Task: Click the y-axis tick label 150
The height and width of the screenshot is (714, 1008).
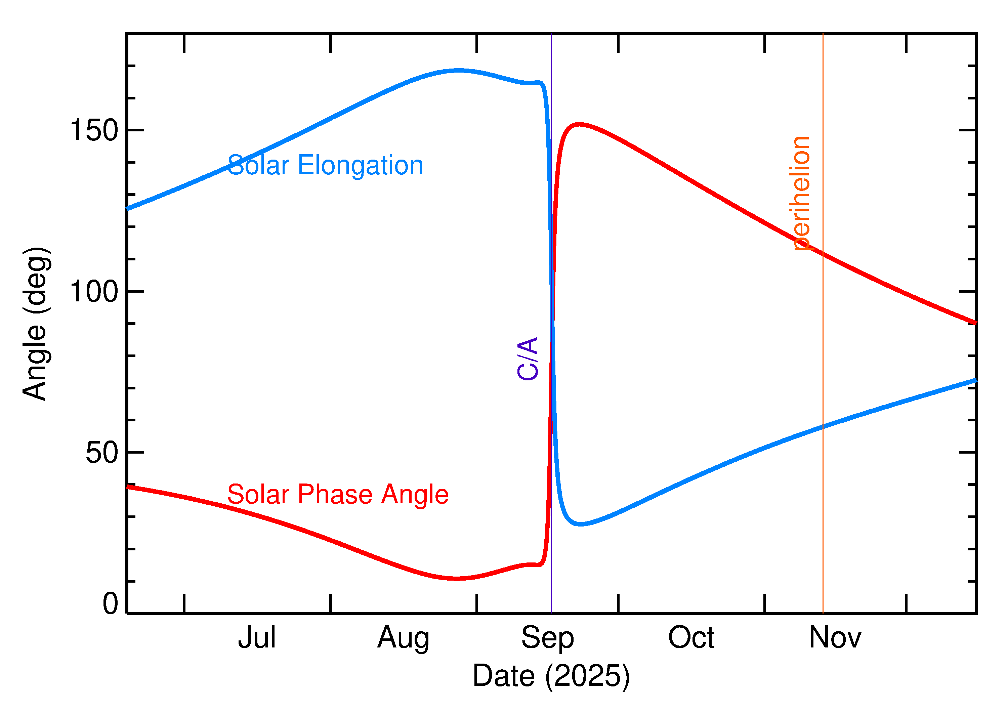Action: click(94, 131)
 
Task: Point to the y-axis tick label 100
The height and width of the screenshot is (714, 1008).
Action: click(94, 292)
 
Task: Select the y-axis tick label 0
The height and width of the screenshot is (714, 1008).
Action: click(110, 604)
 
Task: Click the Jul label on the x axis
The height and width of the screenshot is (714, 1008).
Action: click(257, 638)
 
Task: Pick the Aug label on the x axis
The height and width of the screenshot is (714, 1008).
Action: click(403, 638)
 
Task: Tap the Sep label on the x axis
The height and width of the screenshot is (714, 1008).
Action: click(547, 638)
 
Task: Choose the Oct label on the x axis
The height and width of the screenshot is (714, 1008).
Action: click(691, 638)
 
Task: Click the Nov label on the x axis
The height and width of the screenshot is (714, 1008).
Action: click(835, 638)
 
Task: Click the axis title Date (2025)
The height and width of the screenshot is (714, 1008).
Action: click(551, 676)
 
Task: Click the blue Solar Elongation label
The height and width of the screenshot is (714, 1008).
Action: click(325, 165)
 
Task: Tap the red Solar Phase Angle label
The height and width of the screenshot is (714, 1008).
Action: click(338, 495)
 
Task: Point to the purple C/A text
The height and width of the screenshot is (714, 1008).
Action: click(528, 358)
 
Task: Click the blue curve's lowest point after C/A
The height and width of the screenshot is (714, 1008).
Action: click(581, 524)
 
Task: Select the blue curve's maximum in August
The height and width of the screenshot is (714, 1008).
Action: click(459, 70)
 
